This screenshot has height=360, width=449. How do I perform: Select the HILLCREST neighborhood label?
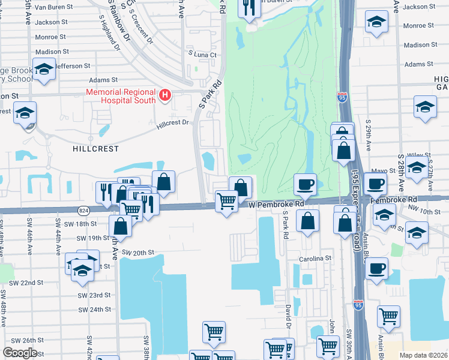[x=96, y=148]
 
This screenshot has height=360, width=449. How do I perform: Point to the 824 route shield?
[x=84, y=209]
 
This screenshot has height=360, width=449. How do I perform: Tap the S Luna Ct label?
[x=203, y=55]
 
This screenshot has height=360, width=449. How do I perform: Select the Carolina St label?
[x=316, y=258]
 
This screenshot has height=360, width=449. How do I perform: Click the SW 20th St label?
[x=138, y=253]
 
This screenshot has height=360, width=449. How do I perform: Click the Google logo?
[x=20, y=353]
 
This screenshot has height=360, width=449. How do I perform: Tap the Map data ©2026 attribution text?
[x=424, y=355]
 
